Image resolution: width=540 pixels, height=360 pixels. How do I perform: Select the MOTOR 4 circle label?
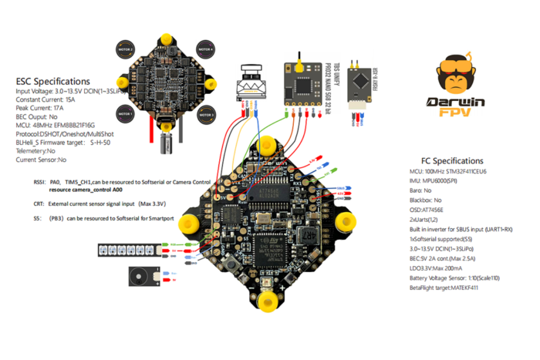[204, 50]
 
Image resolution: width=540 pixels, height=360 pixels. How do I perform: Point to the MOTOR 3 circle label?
[204, 115]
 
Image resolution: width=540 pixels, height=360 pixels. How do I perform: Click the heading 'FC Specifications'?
[455, 160]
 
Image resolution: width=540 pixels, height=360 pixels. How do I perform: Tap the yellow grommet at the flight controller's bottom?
[267, 297]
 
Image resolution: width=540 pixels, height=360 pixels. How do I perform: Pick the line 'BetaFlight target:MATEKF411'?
[455, 287]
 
